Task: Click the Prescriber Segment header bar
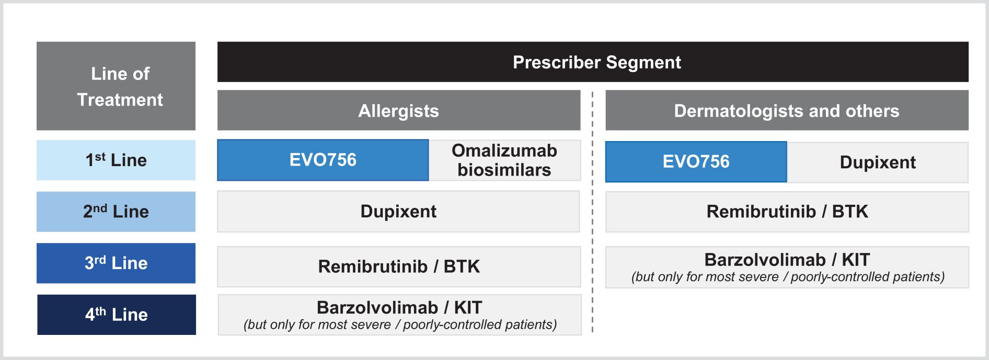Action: tap(593, 62)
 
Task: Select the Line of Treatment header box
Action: tap(116, 86)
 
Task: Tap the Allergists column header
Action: tap(399, 110)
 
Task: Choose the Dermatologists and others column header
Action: tap(787, 110)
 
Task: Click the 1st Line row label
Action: tap(116, 160)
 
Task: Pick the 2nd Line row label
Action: tap(116, 211)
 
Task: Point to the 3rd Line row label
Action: tap(116, 263)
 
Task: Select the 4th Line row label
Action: tap(117, 315)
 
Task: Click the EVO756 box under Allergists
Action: tap(323, 160)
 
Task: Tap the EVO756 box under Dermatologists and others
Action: tap(696, 162)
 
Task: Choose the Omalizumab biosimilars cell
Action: tap(504, 160)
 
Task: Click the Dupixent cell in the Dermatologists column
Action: tap(878, 162)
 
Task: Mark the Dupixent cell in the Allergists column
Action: tap(398, 211)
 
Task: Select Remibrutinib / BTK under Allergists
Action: tap(399, 266)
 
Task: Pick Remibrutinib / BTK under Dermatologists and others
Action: tap(787, 212)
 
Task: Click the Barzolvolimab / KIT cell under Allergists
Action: tap(400, 315)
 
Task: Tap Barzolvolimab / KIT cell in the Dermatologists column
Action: tap(787, 267)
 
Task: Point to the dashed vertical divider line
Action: tap(592, 212)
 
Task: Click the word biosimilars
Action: tap(504, 170)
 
